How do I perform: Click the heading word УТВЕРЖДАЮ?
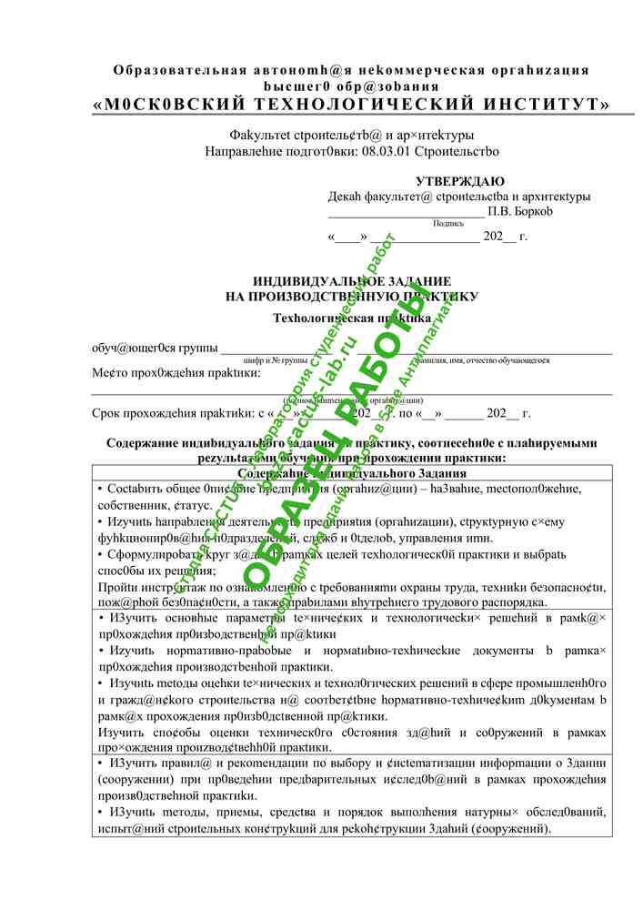pos(460,181)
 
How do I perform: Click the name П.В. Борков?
pos(520,211)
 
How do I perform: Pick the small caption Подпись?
pos(448,223)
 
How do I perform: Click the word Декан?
pos(345,197)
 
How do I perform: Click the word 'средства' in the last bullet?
pos(307,812)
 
